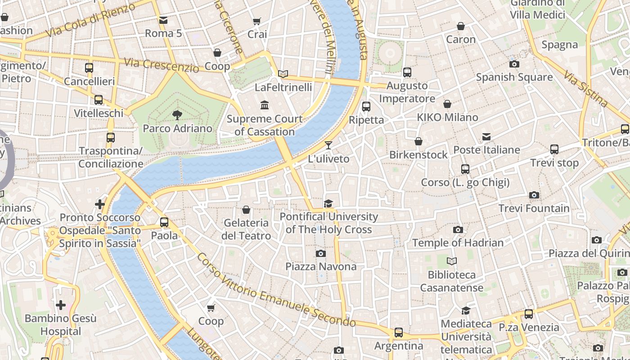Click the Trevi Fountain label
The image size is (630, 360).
click(x=534, y=208)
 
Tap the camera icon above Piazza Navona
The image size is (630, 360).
click(x=320, y=254)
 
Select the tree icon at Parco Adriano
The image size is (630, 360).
click(x=177, y=115)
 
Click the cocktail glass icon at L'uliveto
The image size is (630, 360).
click(x=328, y=145)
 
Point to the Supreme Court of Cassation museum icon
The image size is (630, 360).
click(x=265, y=105)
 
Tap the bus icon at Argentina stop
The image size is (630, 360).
click(x=399, y=333)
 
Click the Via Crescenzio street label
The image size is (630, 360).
click(x=162, y=65)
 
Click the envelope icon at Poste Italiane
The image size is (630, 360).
click(x=486, y=137)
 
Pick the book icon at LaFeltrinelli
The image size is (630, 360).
click(x=283, y=74)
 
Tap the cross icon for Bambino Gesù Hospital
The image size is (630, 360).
click(x=61, y=305)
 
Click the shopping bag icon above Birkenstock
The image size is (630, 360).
click(x=418, y=141)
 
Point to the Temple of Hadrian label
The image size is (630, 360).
click(x=458, y=243)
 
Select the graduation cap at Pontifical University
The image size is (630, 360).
click(x=328, y=204)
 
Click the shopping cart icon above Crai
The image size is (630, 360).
click(x=257, y=21)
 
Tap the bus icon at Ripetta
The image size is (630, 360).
click(x=366, y=107)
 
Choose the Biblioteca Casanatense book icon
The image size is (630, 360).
click(x=452, y=261)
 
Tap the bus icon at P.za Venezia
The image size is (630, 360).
click(x=529, y=314)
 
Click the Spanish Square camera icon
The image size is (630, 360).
click(x=514, y=64)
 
